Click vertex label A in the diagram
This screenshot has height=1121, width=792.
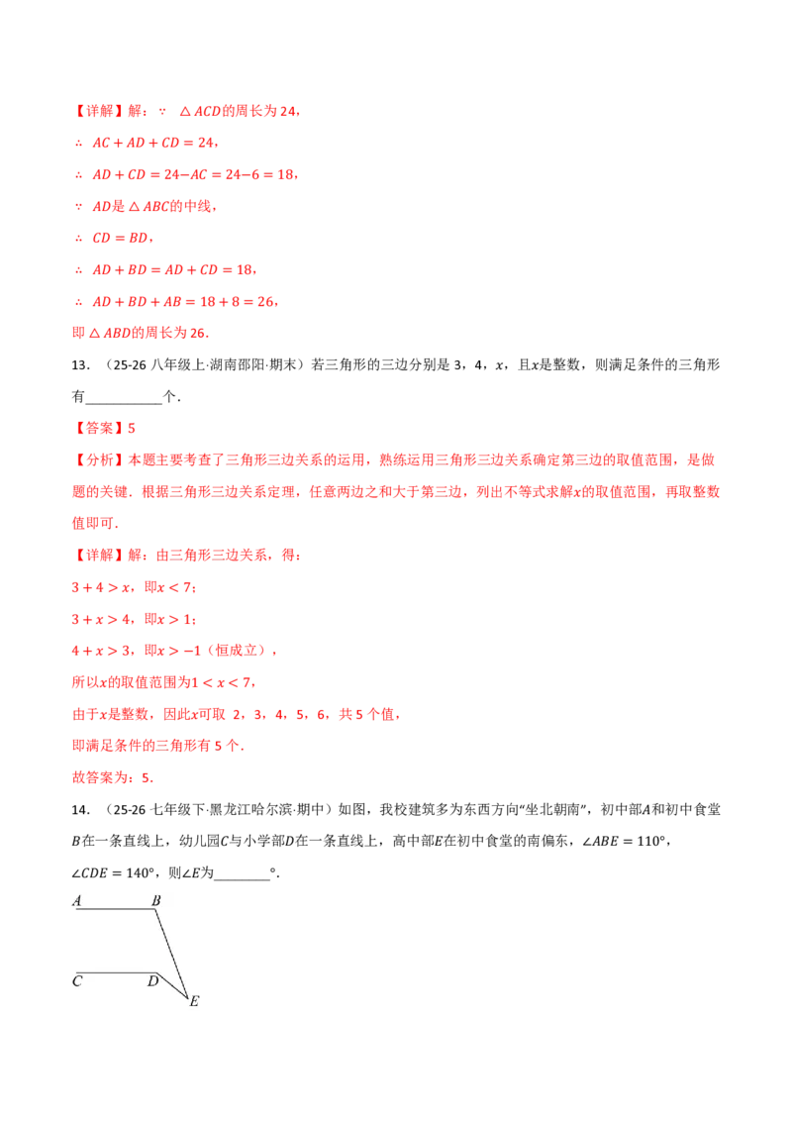tap(77, 901)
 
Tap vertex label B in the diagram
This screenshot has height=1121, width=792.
tap(156, 901)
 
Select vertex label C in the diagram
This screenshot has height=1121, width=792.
tap(77, 980)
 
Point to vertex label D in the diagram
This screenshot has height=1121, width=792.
tap(153, 980)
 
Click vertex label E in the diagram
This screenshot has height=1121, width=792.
tap(194, 1001)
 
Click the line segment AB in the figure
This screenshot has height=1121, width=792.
tap(115, 909)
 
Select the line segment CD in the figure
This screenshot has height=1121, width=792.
tap(116, 973)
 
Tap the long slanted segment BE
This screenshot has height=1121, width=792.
tap(171, 953)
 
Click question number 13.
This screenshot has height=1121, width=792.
tap(81, 365)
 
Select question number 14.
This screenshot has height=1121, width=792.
tap(81, 810)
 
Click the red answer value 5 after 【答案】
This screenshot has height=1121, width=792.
tap(132, 428)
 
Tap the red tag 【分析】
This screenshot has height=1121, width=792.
tap(99, 459)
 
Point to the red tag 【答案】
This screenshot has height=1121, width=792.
tap(99, 428)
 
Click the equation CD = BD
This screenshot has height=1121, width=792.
tap(120, 238)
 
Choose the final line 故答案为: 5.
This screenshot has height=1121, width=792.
tap(112, 777)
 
